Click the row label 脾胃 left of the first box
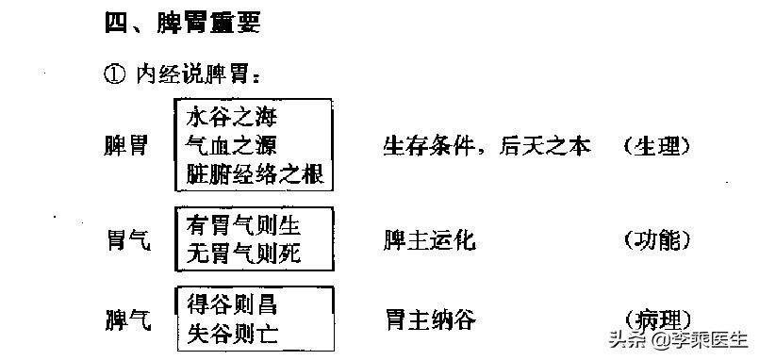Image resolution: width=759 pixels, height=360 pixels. coord(125,146)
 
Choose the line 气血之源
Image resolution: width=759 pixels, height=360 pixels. coord(231,145)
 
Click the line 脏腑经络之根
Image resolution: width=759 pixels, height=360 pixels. coord(256,173)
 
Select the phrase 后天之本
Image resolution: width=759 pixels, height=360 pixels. coord(546,146)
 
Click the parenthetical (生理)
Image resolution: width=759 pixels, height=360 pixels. coord(656,146)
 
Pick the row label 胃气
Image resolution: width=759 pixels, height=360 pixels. coord(125,241)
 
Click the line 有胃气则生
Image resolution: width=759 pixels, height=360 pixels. coord(243,226)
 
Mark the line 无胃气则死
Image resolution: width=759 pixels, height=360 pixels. coord(243,254)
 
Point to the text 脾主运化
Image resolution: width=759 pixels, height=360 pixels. coord(429,241)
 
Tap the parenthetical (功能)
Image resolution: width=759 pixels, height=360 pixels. coord(656,241)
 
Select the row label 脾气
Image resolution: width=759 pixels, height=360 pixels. coord(125,320)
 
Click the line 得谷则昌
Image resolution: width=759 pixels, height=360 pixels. coord(231,305)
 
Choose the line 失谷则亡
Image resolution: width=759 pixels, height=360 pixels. coord(231,333)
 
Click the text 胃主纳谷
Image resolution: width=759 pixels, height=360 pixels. coord(429,320)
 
